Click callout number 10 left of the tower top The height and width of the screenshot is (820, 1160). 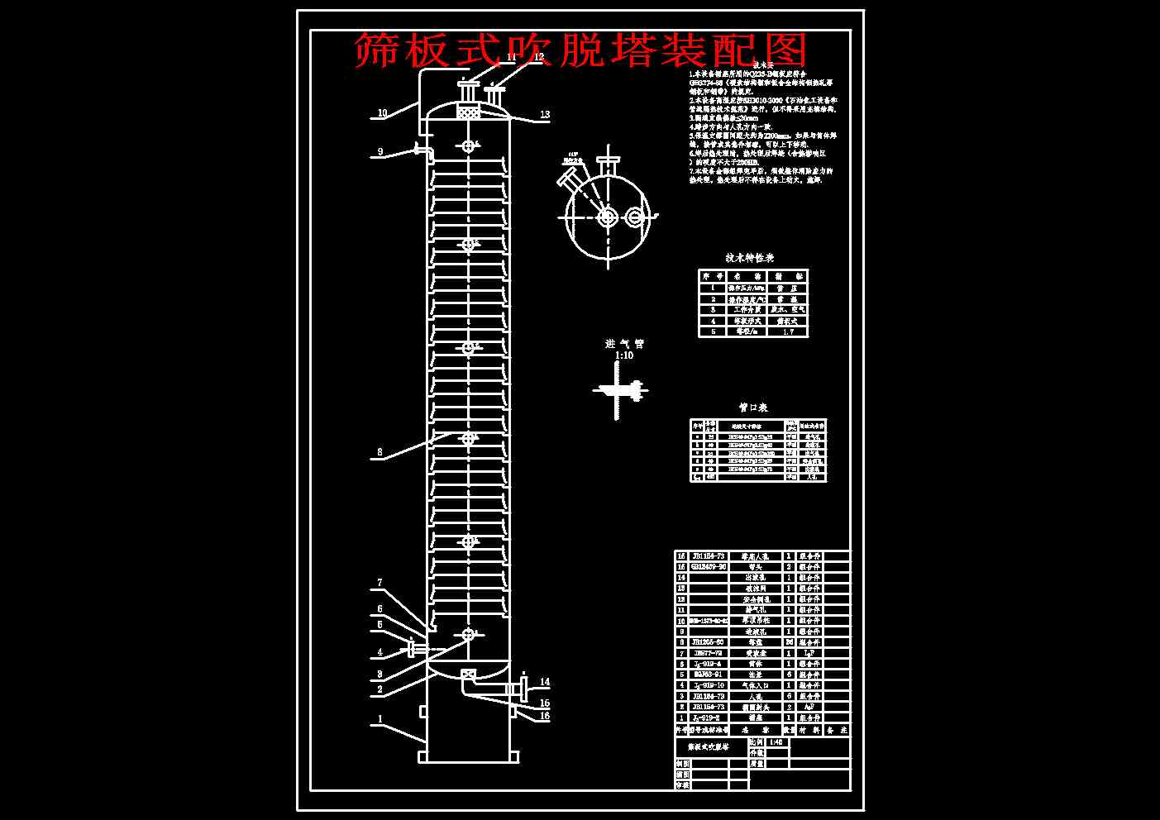point(382,113)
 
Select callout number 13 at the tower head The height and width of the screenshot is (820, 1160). point(545,115)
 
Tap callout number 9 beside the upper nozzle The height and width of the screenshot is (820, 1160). point(380,151)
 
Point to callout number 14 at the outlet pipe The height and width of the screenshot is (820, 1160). point(545,683)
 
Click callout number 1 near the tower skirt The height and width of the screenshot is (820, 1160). point(380,719)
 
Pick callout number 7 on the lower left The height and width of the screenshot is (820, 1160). point(380,583)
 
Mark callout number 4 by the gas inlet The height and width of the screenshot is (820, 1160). point(380,652)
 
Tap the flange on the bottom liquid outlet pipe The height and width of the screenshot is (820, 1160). point(523,688)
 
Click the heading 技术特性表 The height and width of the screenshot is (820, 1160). point(751,259)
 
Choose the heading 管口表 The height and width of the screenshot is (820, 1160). point(752,408)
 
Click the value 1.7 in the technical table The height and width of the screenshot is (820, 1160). point(787,331)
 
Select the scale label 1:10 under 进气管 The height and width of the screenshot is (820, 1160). point(624,355)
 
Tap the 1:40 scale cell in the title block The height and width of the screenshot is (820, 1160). point(777,742)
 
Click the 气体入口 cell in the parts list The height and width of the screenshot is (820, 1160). point(753,685)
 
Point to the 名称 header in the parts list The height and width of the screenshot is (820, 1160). point(753,731)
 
